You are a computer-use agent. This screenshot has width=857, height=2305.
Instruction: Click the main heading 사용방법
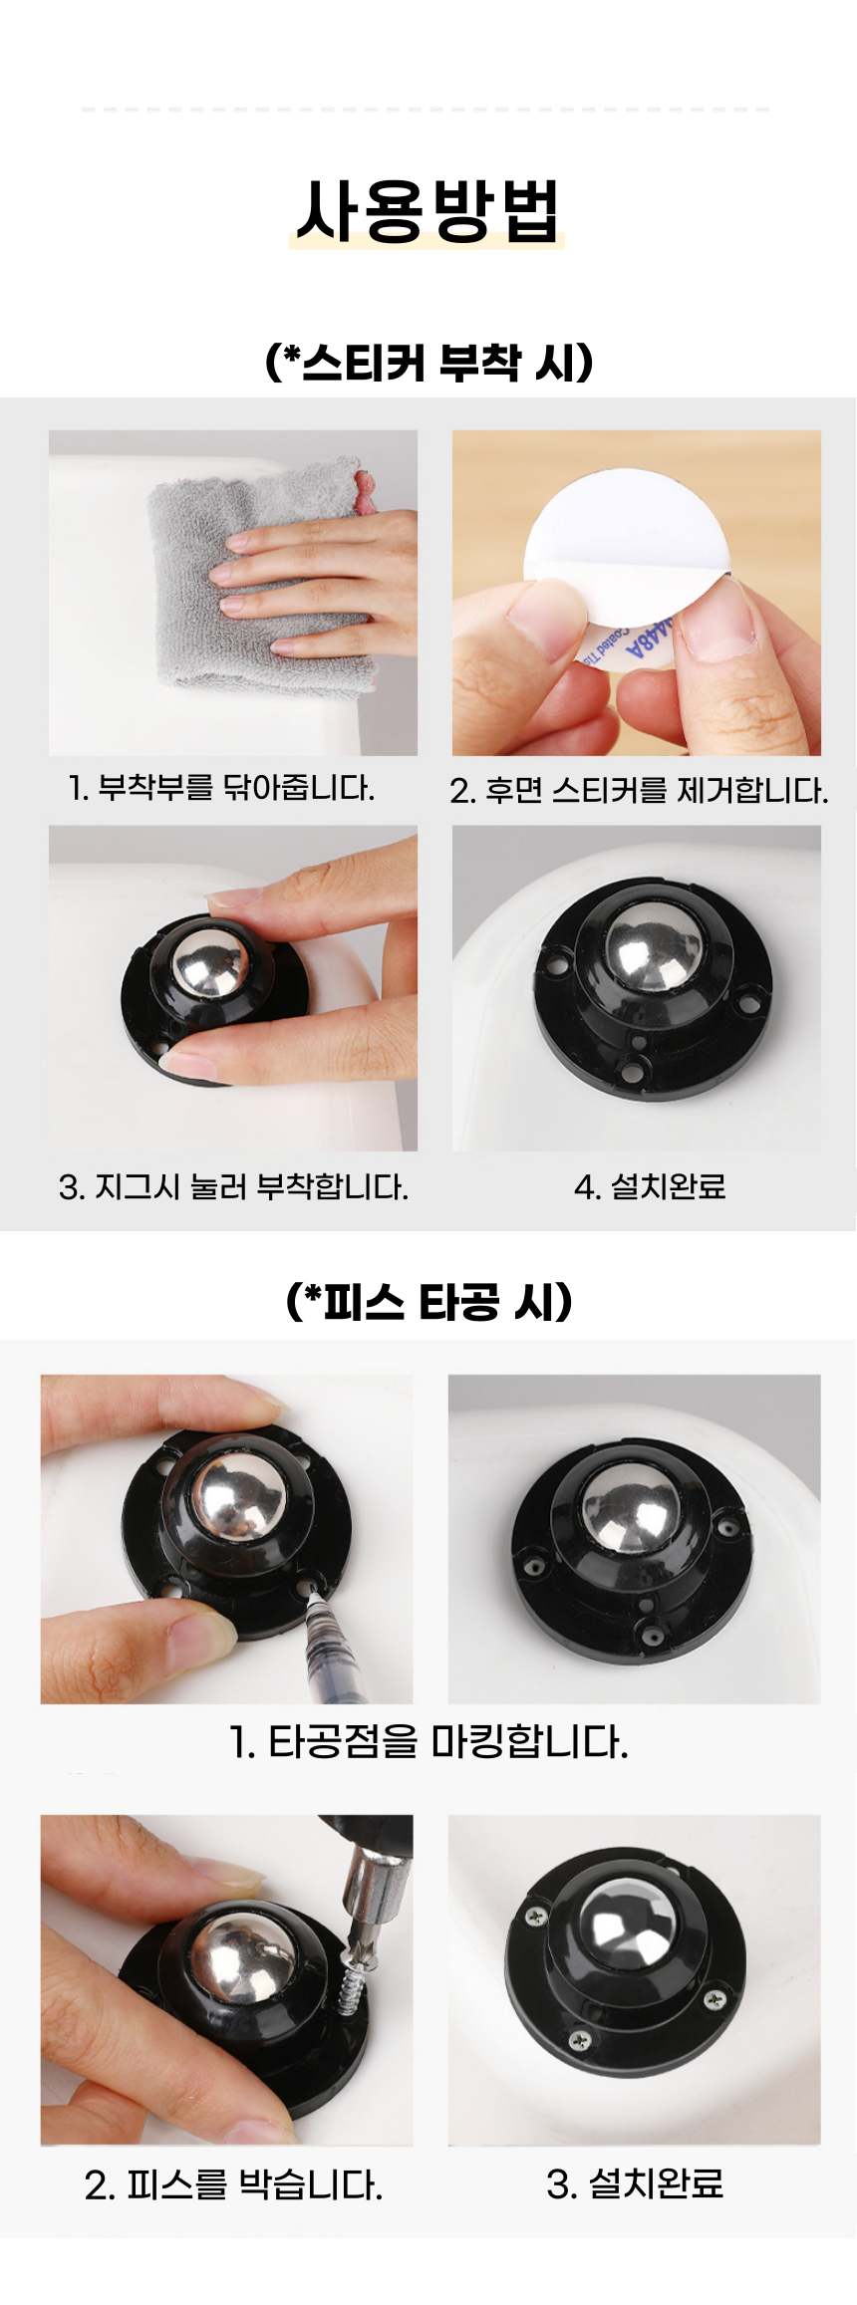click(x=428, y=210)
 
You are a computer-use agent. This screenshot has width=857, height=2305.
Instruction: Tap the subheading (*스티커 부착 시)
click(x=429, y=361)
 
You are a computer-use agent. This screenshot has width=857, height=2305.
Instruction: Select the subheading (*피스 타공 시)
click(x=429, y=1301)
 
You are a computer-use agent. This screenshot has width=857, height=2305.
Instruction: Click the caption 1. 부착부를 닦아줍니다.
click(x=221, y=788)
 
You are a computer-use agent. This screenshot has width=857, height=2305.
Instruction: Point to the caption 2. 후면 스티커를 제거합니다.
click(x=639, y=790)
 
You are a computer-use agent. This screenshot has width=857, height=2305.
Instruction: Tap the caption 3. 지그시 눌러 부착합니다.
click(x=233, y=1186)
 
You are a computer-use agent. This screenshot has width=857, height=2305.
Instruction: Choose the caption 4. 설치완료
click(x=650, y=1186)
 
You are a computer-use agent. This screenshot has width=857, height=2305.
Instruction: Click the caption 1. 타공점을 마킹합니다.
click(x=428, y=1741)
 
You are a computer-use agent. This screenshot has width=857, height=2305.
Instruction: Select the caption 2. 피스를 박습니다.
click(x=233, y=2185)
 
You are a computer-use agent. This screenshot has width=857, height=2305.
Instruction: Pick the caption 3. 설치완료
click(x=635, y=2183)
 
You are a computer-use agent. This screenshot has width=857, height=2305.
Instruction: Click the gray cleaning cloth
click(x=259, y=578)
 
